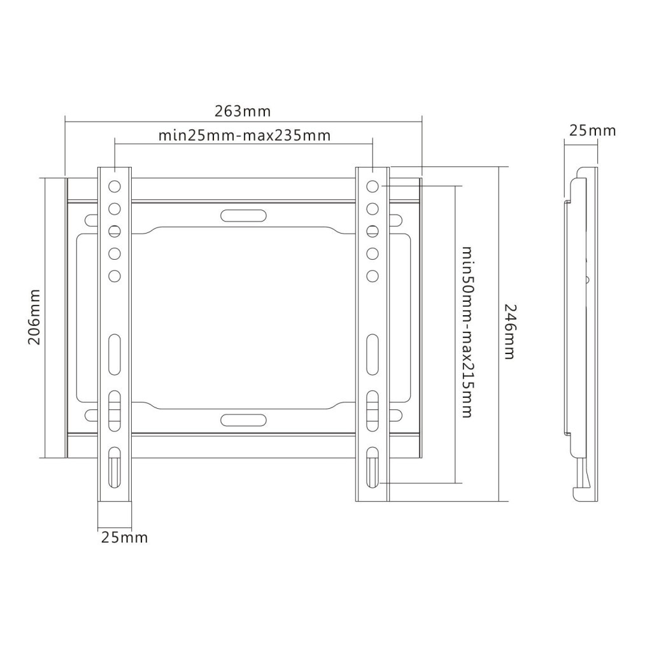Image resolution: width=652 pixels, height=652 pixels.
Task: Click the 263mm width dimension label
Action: pos(243,111)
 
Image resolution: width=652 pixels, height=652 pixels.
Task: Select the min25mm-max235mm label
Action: pos(244,136)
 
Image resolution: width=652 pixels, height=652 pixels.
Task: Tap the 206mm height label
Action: pos(34,317)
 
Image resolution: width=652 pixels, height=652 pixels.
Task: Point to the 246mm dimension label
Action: pos(510,331)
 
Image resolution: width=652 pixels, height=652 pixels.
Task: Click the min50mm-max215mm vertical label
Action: pos(467,332)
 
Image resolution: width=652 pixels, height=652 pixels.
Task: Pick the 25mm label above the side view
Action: pos(592,131)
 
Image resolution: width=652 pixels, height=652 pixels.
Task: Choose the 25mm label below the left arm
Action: pos(124,537)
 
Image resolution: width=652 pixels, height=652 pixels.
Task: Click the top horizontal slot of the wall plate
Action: pos(243,216)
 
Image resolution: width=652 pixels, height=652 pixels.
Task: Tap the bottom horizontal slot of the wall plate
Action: pos(243,420)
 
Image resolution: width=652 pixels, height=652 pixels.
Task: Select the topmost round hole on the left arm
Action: pos(115,187)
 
